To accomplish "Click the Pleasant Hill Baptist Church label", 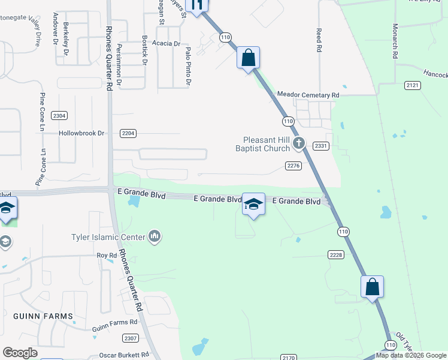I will (x=266, y=143).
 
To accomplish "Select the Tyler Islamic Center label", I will (x=108, y=237).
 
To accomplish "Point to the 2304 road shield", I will (x=59, y=115).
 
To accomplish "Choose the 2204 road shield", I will (x=128, y=133).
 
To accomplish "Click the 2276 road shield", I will (x=293, y=166).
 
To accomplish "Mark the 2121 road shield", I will (x=412, y=86).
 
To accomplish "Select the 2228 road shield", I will (x=336, y=255).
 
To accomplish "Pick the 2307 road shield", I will (x=131, y=338).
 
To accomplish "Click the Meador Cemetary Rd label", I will (x=308, y=95).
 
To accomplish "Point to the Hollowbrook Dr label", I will (x=81, y=133).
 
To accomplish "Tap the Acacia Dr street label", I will (x=166, y=44).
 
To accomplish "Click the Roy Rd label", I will (x=107, y=256).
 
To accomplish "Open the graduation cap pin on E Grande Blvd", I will (x=253, y=205).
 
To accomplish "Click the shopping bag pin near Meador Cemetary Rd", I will (x=248, y=58).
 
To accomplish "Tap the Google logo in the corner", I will (x=20, y=353).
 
